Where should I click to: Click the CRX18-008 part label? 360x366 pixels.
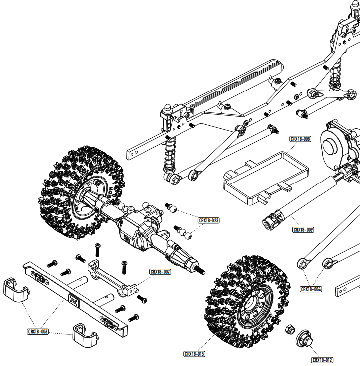tap(300, 139)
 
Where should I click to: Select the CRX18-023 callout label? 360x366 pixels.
tap(209, 220)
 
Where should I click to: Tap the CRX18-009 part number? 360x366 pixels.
tap(303, 230)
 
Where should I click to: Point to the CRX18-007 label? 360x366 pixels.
tap(160, 272)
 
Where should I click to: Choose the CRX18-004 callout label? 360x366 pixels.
tap(311, 289)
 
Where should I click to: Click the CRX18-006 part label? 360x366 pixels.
tap(38, 331)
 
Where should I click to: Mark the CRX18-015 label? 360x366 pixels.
tap(194, 354)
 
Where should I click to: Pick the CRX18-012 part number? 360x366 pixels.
tap(322, 360)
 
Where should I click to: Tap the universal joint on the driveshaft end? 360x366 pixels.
tap(271, 220)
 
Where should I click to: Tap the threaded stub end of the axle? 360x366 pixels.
tap(201, 271)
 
